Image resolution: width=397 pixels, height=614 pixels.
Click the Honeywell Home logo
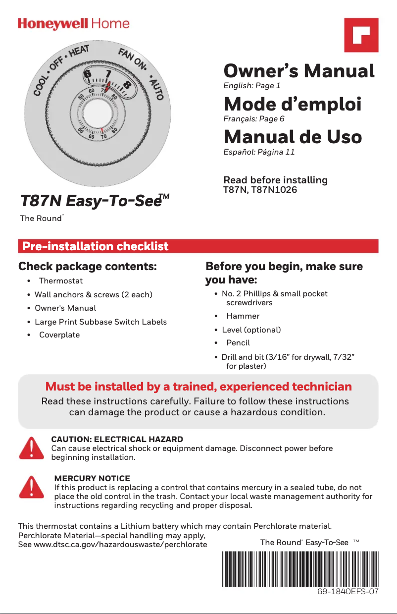coord(74,24)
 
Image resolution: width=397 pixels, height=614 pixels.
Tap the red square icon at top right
coord(361,35)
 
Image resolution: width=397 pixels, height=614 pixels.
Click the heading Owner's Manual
coord(299,71)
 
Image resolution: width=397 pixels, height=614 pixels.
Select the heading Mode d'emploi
coord(293,105)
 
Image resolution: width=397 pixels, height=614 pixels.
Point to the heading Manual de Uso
coord(293,137)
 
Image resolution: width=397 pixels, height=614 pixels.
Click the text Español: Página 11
coord(259,152)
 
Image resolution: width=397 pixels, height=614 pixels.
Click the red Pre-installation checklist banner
coord(198,246)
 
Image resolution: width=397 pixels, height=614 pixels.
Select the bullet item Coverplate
coord(59,335)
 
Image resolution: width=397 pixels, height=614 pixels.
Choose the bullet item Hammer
coord(243,316)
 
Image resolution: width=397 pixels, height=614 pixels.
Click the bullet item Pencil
coord(238,342)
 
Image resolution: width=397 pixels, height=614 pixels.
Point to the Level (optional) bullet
coord(251,330)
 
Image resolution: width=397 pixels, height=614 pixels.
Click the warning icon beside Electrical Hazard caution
coord(31,448)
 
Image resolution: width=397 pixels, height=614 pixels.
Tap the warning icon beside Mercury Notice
coord(31,487)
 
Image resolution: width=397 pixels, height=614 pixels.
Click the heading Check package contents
coord(88,267)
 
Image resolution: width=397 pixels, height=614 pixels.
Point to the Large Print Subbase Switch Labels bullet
coord(100,322)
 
